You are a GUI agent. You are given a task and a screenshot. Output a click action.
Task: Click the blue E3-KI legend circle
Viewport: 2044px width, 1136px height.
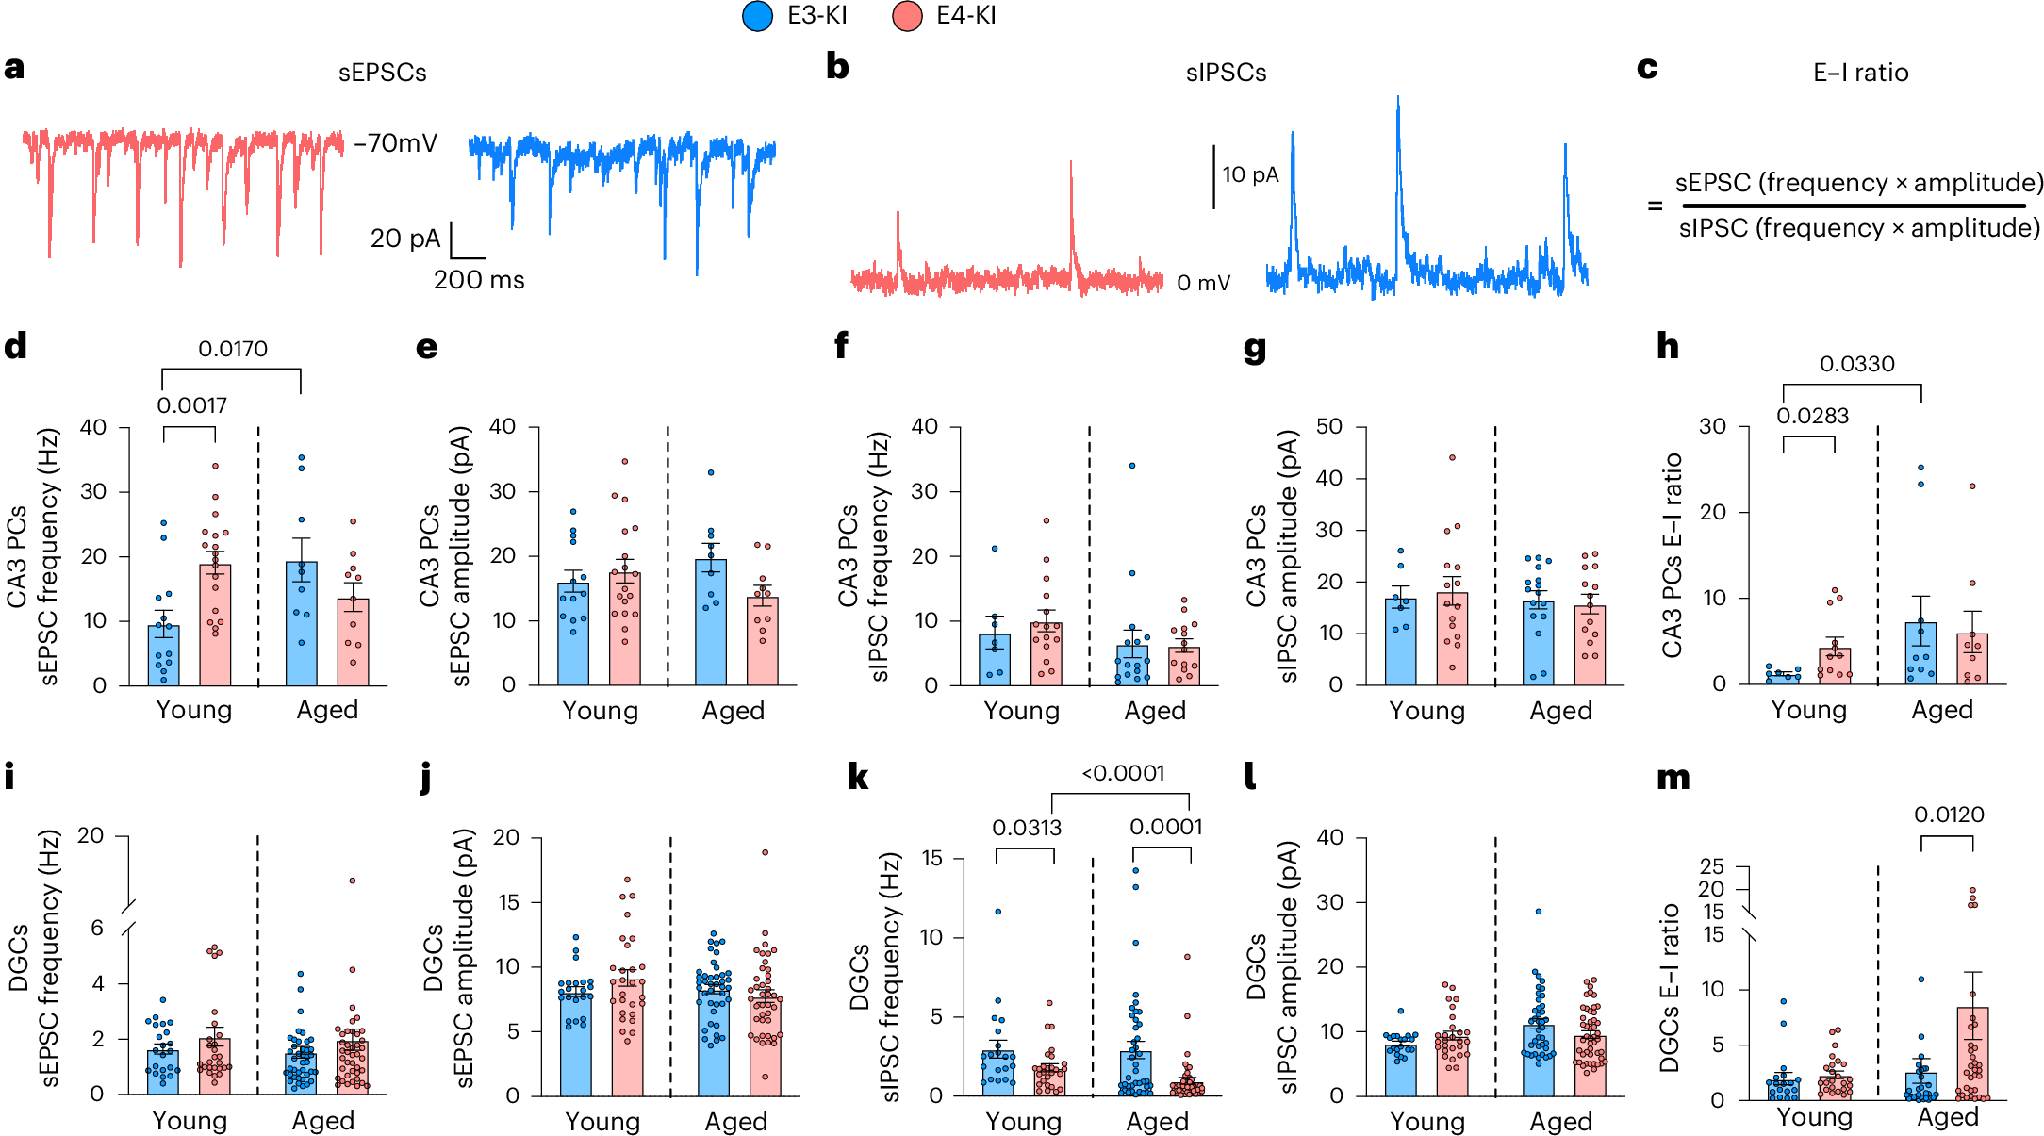[x=757, y=16]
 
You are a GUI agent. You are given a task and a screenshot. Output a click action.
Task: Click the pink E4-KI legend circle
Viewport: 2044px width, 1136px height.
[x=906, y=16]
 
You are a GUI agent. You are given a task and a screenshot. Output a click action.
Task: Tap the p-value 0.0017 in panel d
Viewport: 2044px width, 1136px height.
[x=191, y=405]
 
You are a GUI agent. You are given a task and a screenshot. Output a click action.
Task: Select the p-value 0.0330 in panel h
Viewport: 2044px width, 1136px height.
[x=1856, y=364]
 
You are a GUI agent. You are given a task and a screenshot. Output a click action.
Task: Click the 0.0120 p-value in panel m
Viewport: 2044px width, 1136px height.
[x=1948, y=815]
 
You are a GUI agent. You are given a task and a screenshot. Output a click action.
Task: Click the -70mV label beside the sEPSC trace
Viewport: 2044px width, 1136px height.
[x=395, y=143]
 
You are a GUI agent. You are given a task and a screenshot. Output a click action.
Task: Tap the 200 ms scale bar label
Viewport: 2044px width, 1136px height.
[x=478, y=280]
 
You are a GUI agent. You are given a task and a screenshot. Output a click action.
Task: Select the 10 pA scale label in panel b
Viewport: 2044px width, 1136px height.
[x=1250, y=174]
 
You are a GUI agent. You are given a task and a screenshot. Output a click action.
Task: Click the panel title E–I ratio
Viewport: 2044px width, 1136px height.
[x=1860, y=73]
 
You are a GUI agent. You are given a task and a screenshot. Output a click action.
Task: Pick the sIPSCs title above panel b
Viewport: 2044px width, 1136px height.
[x=1226, y=73]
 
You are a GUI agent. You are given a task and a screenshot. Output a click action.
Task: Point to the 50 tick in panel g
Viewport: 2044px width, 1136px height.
[x=1328, y=426]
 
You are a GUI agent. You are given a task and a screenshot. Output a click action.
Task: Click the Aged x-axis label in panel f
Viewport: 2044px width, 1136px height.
[x=1154, y=711]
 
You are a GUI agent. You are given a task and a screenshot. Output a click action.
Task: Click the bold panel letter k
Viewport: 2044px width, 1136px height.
[x=858, y=777]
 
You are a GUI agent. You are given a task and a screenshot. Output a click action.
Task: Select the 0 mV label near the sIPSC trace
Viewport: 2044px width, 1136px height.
[x=1203, y=283]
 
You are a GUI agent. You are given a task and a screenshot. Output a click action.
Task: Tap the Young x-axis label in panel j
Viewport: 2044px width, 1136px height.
[x=602, y=1121]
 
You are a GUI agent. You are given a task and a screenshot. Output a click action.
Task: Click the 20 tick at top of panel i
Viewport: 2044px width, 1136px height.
[x=91, y=835]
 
